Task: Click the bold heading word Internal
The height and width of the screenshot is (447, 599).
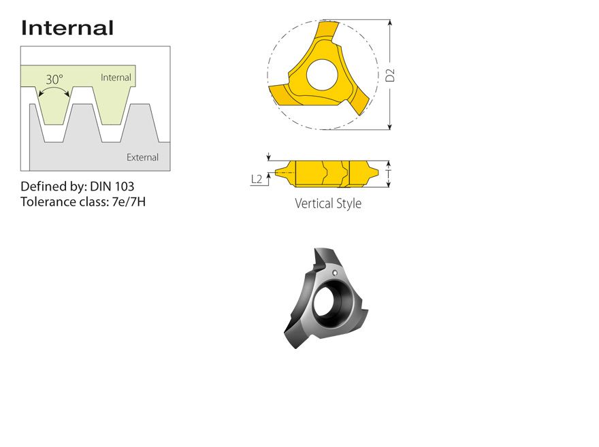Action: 67,28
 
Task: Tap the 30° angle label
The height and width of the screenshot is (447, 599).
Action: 54,80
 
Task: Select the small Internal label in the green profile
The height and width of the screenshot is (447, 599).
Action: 116,78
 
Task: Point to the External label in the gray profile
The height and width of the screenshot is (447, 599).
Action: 142,157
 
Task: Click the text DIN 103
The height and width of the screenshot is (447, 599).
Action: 112,186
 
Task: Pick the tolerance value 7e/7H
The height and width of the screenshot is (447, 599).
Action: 129,201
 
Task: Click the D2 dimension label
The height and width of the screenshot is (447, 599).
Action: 390,76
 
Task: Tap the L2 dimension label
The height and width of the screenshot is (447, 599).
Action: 257,179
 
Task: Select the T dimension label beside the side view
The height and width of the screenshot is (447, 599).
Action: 389,174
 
